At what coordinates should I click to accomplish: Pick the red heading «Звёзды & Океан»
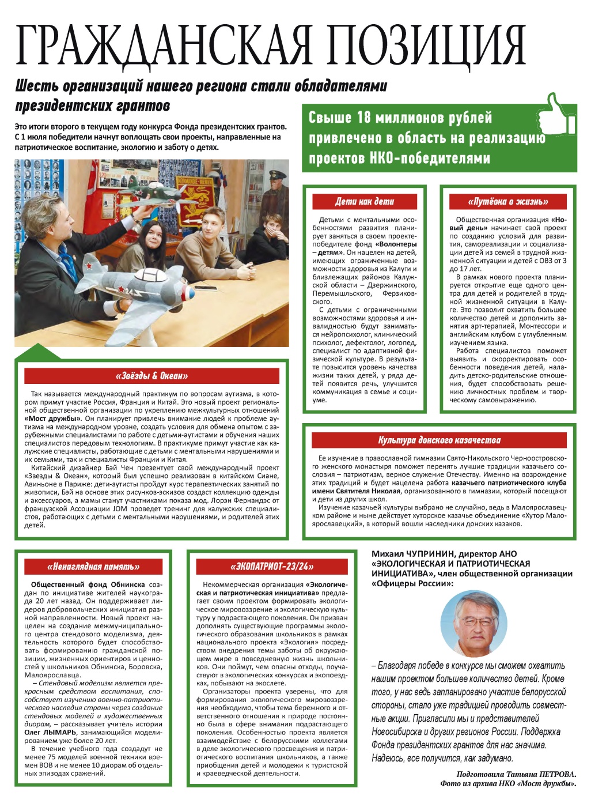(x=152, y=376)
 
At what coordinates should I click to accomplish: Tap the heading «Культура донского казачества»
(x=439, y=440)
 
